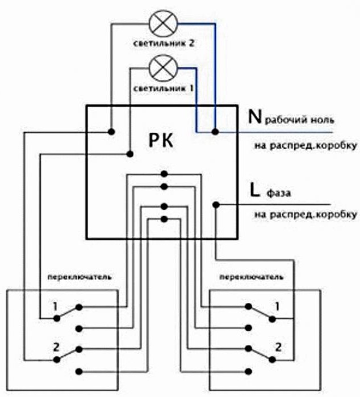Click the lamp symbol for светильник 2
tap(164, 23)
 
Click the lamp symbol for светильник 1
tap(163, 68)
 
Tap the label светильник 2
tap(164, 43)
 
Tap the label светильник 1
tap(164, 88)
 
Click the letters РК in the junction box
tap(161, 141)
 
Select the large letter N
tap(254, 117)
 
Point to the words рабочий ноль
tap(299, 120)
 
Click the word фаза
tap(279, 193)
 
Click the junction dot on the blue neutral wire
tap(215, 132)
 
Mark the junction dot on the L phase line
tap(216, 205)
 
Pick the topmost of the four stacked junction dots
tap(164, 174)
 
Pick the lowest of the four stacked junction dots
tap(164, 219)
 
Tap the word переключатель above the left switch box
tap(79, 277)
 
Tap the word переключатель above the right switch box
tap(251, 277)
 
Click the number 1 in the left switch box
tap(55, 307)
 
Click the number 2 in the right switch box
tap(278, 347)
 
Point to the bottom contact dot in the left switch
tap(79, 371)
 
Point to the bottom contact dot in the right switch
tap(249, 371)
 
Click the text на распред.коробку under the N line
tap(305, 146)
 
